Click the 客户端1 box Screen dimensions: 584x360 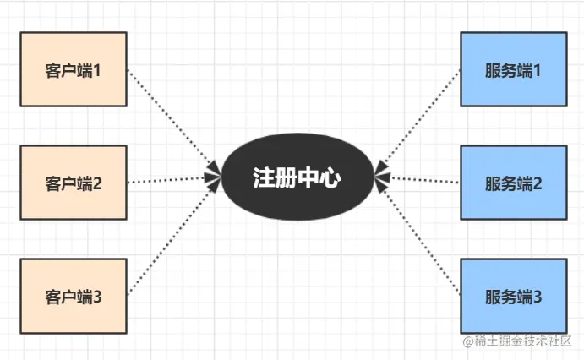coord(73,69)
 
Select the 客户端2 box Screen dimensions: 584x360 coord(73,182)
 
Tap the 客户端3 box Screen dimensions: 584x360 coord(73,296)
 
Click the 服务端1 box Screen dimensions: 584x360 coord(513,69)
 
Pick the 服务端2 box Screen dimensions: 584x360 coord(513,182)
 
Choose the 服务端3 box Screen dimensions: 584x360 coord(513,296)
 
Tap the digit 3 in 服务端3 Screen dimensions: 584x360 coord(536,297)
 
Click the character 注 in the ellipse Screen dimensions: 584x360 coord(263,177)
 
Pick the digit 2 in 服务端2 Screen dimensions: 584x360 coord(536,183)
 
